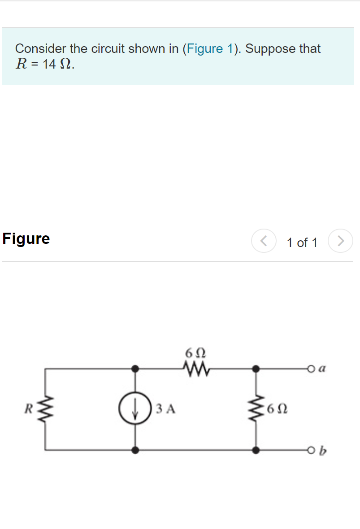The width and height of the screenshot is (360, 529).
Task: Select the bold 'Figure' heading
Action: tap(26, 238)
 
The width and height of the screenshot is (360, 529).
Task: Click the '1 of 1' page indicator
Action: tap(302, 243)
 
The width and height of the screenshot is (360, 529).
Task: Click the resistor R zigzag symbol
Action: tap(45, 408)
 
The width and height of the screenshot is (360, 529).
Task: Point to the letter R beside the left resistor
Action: tap(29, 409)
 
